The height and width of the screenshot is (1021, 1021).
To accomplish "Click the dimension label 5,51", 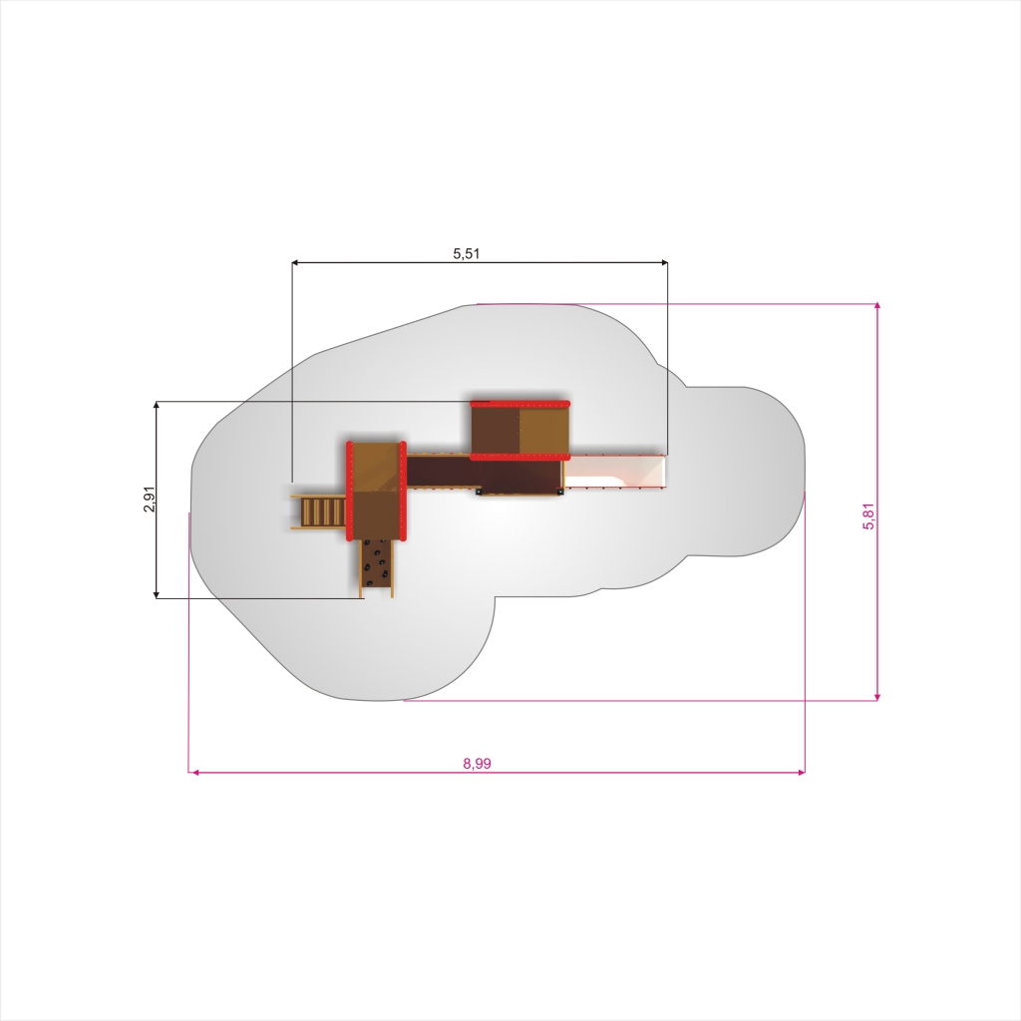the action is [467, 253].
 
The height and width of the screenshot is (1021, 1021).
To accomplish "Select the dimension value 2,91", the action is [150, 499].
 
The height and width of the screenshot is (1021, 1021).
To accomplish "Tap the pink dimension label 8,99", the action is [478, 763].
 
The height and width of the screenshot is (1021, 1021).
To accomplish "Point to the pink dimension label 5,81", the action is [868, 516].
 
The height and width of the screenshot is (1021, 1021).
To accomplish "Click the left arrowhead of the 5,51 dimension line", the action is [295, 262].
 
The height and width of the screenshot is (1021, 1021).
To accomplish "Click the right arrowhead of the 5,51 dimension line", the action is [664, 262].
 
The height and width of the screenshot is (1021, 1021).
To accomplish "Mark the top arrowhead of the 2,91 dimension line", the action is [157, 405].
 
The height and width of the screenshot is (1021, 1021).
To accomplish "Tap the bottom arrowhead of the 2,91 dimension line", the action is [157, 594].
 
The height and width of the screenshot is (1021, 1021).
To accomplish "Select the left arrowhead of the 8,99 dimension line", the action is [193, 773].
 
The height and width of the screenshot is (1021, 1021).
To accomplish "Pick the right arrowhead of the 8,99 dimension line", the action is [801, 773].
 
